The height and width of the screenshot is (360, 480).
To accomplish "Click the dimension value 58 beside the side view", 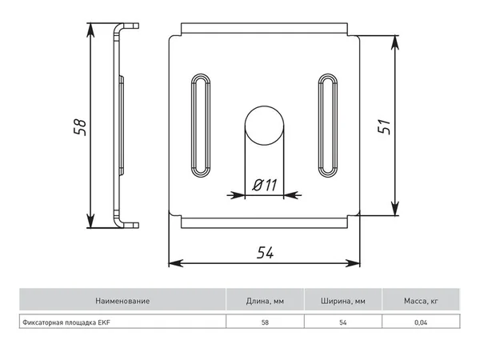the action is [x=80, y=126].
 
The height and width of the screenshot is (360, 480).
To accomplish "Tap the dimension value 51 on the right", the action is [x=384, y=126].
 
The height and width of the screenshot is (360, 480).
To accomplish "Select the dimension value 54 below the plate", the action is [x=265, y=253].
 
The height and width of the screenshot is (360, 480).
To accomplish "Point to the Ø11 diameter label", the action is [x=265, y=185].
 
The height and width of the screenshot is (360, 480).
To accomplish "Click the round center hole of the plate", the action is [x=264, y=126].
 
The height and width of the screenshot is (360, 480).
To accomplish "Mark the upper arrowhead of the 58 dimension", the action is [x=90, y=30].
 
